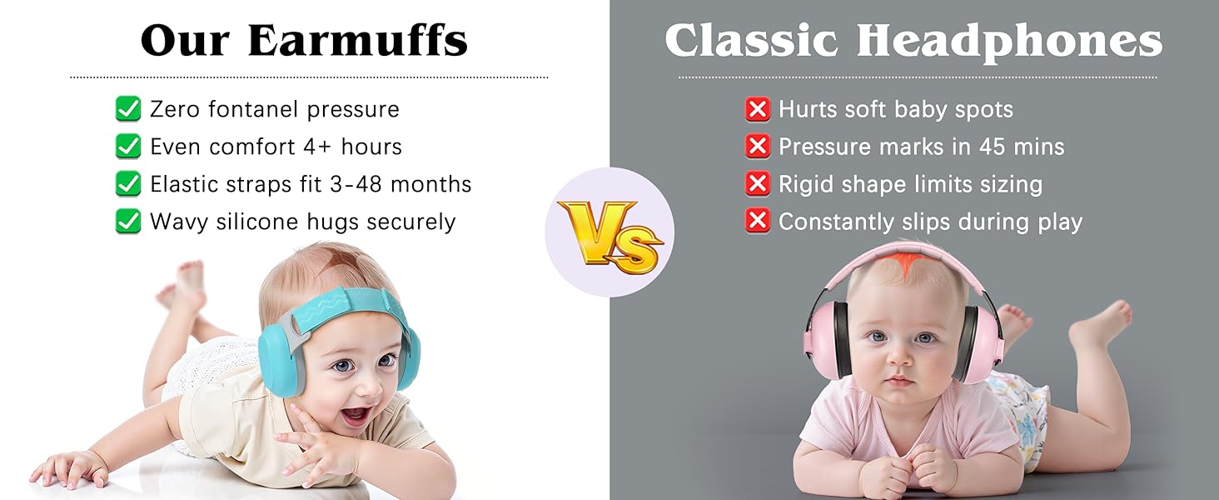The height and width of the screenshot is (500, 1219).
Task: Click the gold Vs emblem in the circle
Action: point(610,232)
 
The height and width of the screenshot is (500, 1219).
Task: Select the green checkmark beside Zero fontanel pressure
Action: point(127,109)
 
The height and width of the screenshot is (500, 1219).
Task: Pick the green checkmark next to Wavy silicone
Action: point(127,222)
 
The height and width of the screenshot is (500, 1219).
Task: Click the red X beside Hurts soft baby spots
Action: point(757,109)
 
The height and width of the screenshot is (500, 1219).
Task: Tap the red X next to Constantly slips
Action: point(757,222)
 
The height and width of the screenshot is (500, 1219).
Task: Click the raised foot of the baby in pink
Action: point(1103,321)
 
